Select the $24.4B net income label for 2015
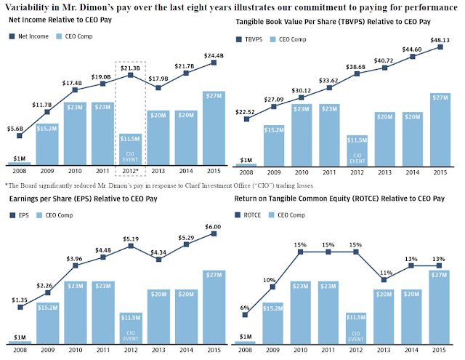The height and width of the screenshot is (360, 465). tap(213, 53)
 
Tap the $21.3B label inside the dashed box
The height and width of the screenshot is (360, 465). tap(130, 66)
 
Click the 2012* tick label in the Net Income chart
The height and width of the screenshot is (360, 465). tap(130, 171)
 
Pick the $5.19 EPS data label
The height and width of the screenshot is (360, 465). tap(130, 238)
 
